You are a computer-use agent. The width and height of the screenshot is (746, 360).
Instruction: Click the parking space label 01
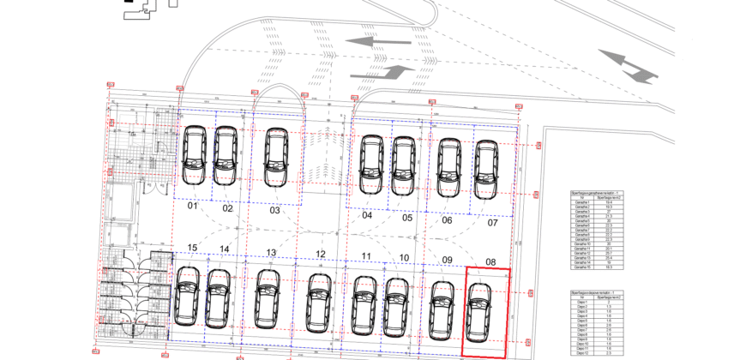(193, 207)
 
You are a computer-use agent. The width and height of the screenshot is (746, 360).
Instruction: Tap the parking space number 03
(275, 210)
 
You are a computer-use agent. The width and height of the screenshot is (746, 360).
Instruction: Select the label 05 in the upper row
(407, 218)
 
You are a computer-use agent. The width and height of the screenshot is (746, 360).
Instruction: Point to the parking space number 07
(492, 223)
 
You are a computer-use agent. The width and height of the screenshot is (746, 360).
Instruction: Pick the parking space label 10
(404, 257)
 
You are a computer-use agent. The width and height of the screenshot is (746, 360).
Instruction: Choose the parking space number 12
(320, 254)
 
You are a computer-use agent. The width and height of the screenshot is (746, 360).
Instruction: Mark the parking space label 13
(271, 252)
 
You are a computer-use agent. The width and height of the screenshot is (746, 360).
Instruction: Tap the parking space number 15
(192, 249)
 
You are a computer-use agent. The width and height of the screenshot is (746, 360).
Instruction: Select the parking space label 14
(224, 249)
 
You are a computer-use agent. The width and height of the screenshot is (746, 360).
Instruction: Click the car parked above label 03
(275, 158)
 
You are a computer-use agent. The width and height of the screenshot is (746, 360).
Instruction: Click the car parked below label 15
(187, 295)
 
